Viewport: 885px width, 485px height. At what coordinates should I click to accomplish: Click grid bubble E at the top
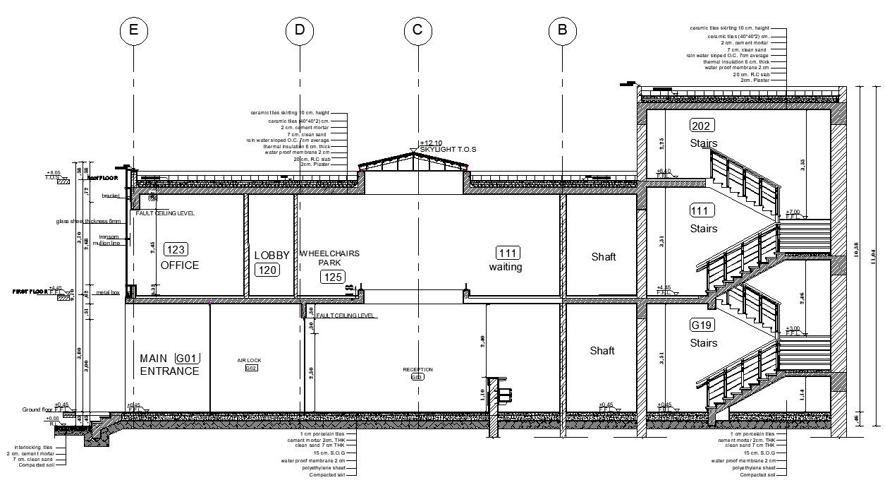coord(133,30)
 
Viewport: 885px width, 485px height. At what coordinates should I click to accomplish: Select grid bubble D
coord(300,30)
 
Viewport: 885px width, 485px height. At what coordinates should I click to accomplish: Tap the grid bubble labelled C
coord(417,30)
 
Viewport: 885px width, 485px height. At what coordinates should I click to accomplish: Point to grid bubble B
coord(562,30)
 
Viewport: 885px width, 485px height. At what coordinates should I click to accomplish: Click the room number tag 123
coord(176,249)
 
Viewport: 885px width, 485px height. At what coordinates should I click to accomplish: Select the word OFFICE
coord(180,265)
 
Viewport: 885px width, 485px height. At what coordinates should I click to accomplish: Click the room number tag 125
coord(333,277)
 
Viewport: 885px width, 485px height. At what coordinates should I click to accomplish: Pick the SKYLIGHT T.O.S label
coord(448,150)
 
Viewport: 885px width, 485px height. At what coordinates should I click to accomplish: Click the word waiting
coord(506,268)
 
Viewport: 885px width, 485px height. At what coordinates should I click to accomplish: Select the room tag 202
coord(702,126)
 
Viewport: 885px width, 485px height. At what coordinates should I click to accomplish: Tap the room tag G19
coord(702,325)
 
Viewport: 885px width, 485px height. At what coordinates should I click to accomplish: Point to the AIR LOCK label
coord(249,361)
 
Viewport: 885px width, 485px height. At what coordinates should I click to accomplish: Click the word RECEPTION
coord(417,369)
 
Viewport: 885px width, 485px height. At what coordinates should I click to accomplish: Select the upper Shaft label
coord(603,257)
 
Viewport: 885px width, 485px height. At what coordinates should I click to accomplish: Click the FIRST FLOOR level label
coord(29,291)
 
